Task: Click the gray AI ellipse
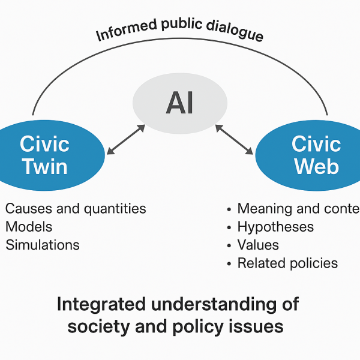pos(179,103)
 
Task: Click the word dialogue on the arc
pos(233,31)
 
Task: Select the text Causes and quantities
pos(76,209)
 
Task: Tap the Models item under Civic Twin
pos(29,227)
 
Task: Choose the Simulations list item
pos(42,245)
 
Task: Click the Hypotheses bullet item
pos(275,227)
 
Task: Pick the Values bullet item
pos(258,245)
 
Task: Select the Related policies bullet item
pos(287,263)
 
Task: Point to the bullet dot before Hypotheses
pos(229,227)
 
